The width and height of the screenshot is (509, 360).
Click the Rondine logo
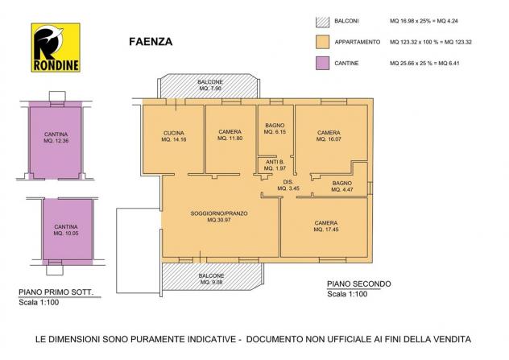(56, 48)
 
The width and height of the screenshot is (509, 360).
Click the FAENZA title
(151, 42)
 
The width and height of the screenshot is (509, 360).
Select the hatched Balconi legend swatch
(322, 21)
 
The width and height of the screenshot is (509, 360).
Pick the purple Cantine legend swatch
(322, 63)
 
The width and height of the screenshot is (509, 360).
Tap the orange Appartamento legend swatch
(322, 42)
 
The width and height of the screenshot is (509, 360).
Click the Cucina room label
(174, 136)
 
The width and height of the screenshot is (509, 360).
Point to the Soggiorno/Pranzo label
(219, 217)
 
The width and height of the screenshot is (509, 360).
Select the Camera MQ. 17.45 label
(326, 226)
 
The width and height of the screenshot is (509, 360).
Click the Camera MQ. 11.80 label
(230, 134)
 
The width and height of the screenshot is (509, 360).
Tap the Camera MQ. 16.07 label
(329, 135)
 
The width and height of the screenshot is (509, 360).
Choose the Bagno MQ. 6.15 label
(275, 129)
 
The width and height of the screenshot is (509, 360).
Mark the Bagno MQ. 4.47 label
(342, 186)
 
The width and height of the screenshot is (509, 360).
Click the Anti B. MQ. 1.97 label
(275, 165)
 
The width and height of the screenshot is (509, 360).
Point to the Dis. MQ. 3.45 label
(288, 185)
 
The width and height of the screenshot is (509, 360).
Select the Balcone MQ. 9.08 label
(211, 279)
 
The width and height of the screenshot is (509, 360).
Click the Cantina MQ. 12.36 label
(56, 137)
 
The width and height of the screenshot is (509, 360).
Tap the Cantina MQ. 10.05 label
(66, 230)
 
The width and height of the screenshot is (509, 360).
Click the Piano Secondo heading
(358, 284)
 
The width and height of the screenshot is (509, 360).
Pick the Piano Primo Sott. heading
(56, 292)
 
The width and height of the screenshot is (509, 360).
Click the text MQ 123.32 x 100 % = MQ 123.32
(431, 42)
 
